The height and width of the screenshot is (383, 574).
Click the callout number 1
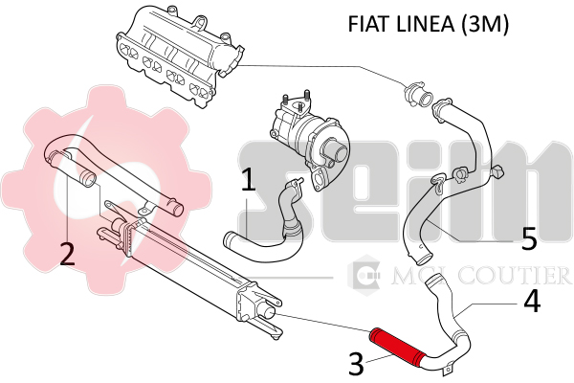point(248,181)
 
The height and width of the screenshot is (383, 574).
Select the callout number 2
point(66,254)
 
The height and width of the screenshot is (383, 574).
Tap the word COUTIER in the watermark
point(517,278)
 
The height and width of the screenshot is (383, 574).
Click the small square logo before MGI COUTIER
point(364,277)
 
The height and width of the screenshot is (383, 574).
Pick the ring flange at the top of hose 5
point(418,95)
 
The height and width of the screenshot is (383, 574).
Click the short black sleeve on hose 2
point(87,178)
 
